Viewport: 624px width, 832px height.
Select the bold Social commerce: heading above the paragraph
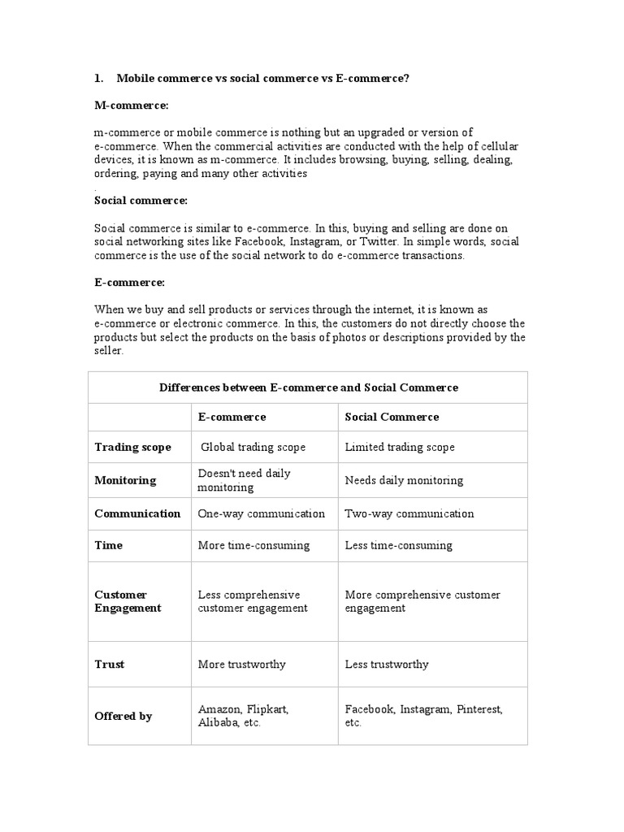(141, 200)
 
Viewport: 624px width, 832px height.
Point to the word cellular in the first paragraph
(497, 146)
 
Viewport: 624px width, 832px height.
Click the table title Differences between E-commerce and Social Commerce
(308, 388)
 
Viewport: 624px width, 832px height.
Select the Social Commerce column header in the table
(392, 417)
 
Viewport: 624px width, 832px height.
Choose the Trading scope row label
(132, 447)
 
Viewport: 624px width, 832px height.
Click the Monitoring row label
(125, 480)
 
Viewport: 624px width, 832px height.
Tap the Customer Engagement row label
(128, 601)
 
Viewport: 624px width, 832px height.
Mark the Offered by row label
(123, 717)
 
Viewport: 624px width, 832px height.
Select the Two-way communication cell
(409, 513)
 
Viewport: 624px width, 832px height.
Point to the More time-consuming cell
(253, 545)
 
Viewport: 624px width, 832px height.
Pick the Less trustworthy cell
(386, 664)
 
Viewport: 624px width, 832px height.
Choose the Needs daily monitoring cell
(404, 480)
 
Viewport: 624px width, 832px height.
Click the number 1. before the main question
(99, 78)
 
